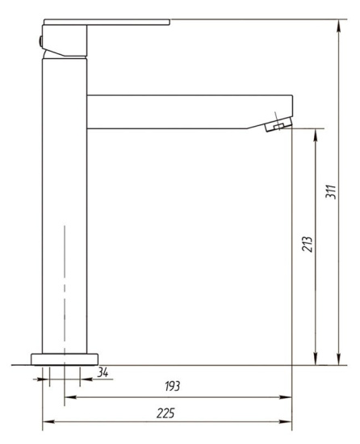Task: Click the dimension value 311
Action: point(331,192)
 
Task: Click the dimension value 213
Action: point(307,244)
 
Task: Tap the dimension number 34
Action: point(103,372)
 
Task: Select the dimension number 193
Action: point(173,386)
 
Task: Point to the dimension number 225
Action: point(165,413)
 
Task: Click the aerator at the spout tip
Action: point(278,124)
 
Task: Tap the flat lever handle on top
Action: point(107,22)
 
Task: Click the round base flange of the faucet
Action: point(65,359)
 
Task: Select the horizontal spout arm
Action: point(190,112)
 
